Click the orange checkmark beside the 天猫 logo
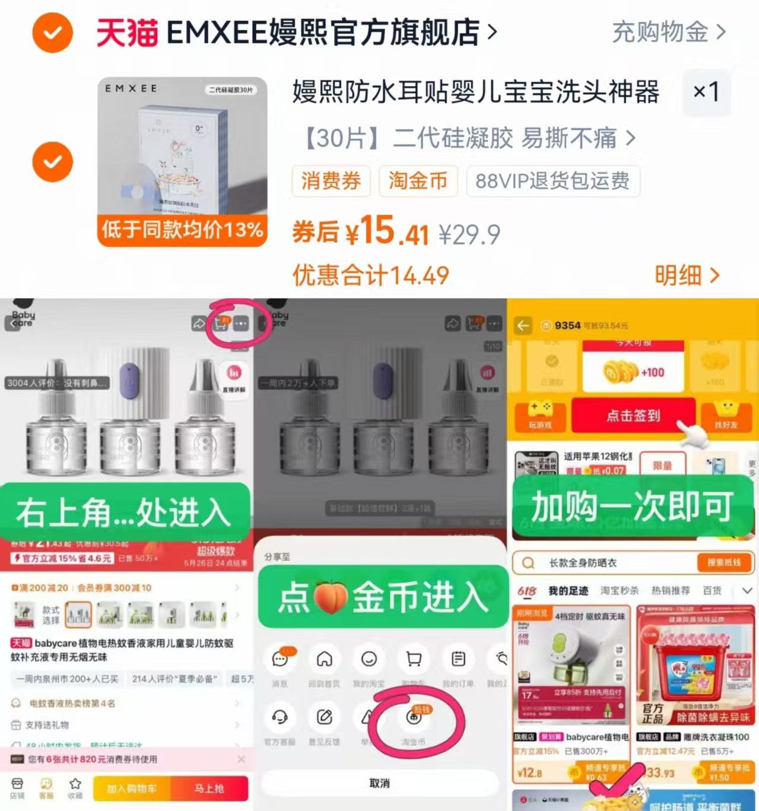tap(52, 33)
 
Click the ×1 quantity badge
tap(706, 92)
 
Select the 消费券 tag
tap(331, 181)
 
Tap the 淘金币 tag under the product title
tap(418, 181)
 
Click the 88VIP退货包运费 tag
tap(552, 181)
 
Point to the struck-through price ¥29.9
tap(469, 234)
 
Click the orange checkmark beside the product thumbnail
tap(52, 161)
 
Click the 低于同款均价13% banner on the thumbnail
tap(182, 230)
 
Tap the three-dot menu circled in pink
tap(241, 323)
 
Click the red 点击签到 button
tap(633, 415)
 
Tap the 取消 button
tap(380, 783)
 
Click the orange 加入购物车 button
tap(132, 788)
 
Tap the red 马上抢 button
tap(209, 788)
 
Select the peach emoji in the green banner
tap(331, 597)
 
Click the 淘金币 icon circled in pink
tap(414, 718)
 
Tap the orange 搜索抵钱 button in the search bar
tap(723, 562)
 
